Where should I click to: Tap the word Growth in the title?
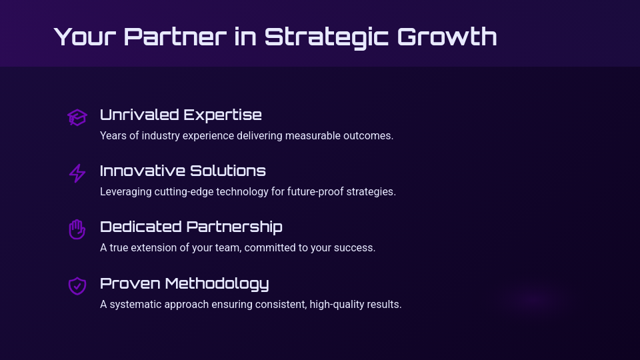coord(447,37)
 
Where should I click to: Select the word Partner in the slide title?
coord(175,37)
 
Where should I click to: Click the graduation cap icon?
coord(77,117)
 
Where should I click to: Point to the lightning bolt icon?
coord(77,173)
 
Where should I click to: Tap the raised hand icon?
coord(77,229)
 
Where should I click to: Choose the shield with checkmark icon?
coord(77,285)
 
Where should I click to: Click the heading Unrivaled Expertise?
coord(181,115)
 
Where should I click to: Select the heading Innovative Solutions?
coord(183,171)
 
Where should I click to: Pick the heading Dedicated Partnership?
coord(191,227)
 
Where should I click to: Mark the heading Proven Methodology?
coord(184,283)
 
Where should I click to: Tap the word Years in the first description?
coord(113,136)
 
